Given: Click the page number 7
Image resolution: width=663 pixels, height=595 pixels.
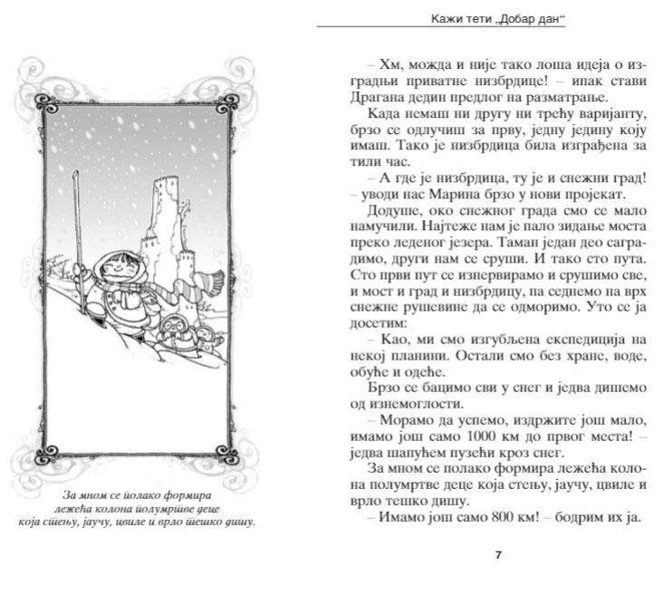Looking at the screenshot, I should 498,555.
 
